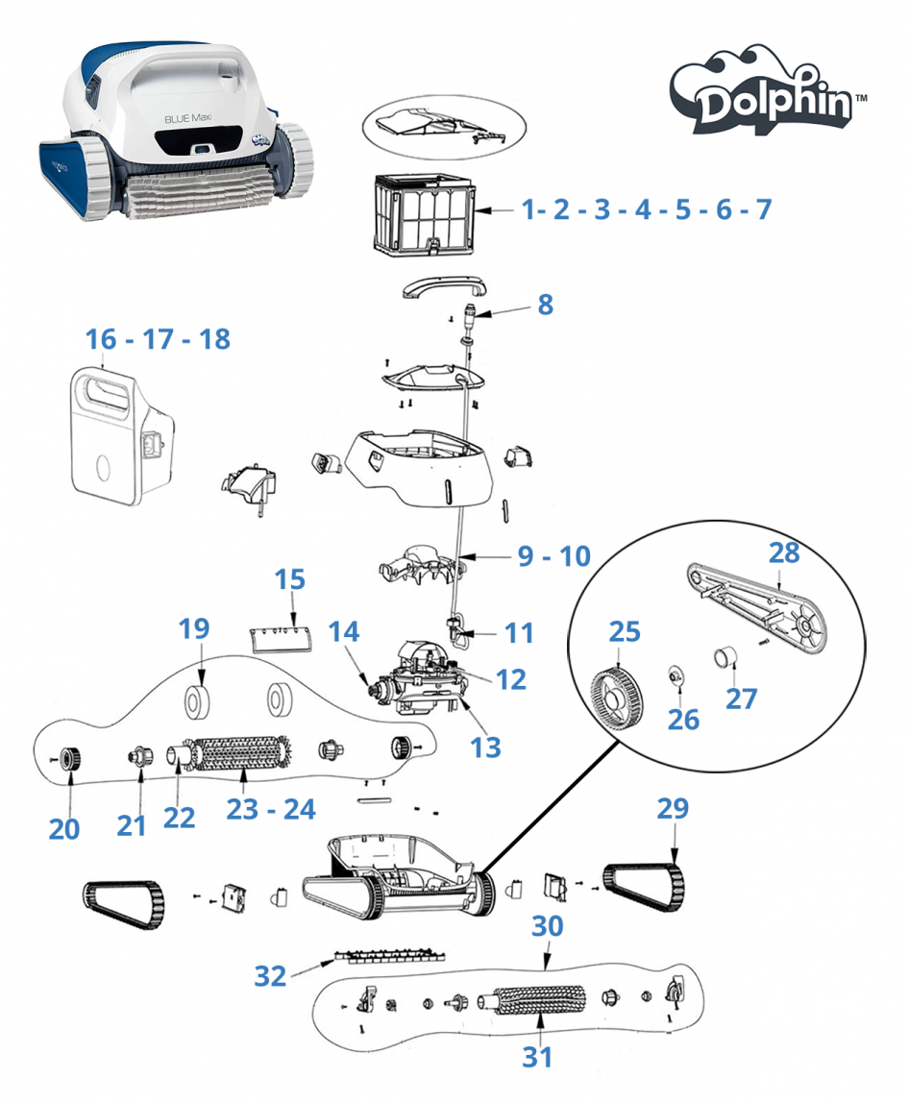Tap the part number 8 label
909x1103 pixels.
point(545,305)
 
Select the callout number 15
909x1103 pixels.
point(289,579)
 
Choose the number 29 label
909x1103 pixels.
point(673,809)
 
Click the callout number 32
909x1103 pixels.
point(270,976)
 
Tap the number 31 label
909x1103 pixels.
point(537,1057)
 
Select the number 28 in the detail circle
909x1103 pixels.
point(783,552)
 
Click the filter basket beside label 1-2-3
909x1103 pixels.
point(422,213)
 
